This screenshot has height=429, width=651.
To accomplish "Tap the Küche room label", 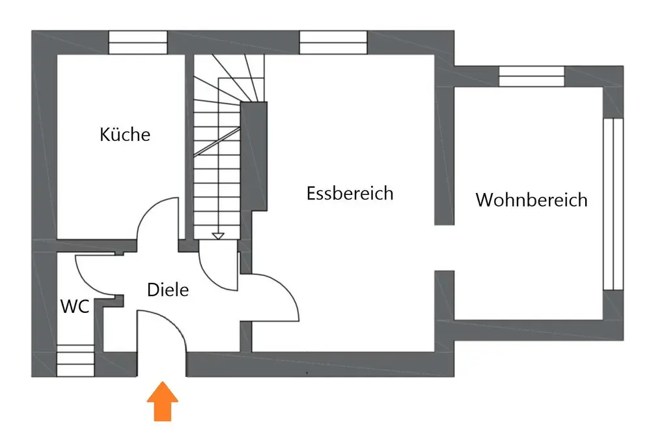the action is click(x=125, y=134).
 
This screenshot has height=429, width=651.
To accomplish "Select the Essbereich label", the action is click(x=350, y=193).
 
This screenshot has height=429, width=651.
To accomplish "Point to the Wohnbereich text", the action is click(x=531, y=200).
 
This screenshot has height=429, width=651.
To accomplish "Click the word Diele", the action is click(x=168, y=289).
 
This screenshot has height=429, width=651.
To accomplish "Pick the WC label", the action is click(x=75, y=306).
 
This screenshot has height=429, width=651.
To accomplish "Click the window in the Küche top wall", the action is click(x=138, y=42).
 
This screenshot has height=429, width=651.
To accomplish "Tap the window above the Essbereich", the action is click(x=333, y=42).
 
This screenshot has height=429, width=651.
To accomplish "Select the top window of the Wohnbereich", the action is click(x=531, y=76).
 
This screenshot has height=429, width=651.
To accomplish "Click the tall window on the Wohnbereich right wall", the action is click(x=613, y=204).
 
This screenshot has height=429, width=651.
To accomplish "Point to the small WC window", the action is click(x=76, y=361).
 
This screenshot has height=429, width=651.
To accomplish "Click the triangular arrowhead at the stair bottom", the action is click(x=218, y=236).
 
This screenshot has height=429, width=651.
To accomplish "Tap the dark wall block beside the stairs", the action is click(x=254, y=156).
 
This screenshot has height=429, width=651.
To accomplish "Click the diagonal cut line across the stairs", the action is click(x=217, y=142).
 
